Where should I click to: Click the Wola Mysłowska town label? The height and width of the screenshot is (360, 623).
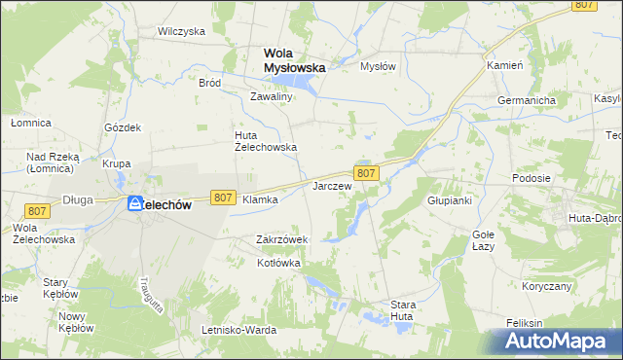pyautogui.click(x=294, y=60)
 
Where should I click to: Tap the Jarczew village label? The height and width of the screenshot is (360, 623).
pyautogui.click(x=331, y=185)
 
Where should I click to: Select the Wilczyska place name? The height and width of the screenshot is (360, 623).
pyautogui.click(x=181, y=31)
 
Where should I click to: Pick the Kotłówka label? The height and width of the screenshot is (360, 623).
pyautogui.click(x=278, y=263)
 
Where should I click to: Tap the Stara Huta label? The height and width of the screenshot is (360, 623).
pyautogui.click(x=403, y=310)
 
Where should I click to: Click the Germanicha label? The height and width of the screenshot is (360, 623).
pyautogui.click(x=526, y=100)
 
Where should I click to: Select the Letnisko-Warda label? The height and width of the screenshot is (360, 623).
pyautogui.click(x=238, y=331)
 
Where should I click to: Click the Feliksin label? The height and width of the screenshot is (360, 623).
pyautogui.click(x=524, y=323)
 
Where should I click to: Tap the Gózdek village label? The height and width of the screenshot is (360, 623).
pyautogui.click(x=124, y=127)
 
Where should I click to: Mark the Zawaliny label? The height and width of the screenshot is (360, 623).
pyautogui.click(x=272, y=97)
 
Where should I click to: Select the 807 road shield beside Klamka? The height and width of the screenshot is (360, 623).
pyautogui.click(x=223, y=198)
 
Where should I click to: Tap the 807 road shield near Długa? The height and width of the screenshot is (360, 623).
pyautogui.click(x=38, y=211)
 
